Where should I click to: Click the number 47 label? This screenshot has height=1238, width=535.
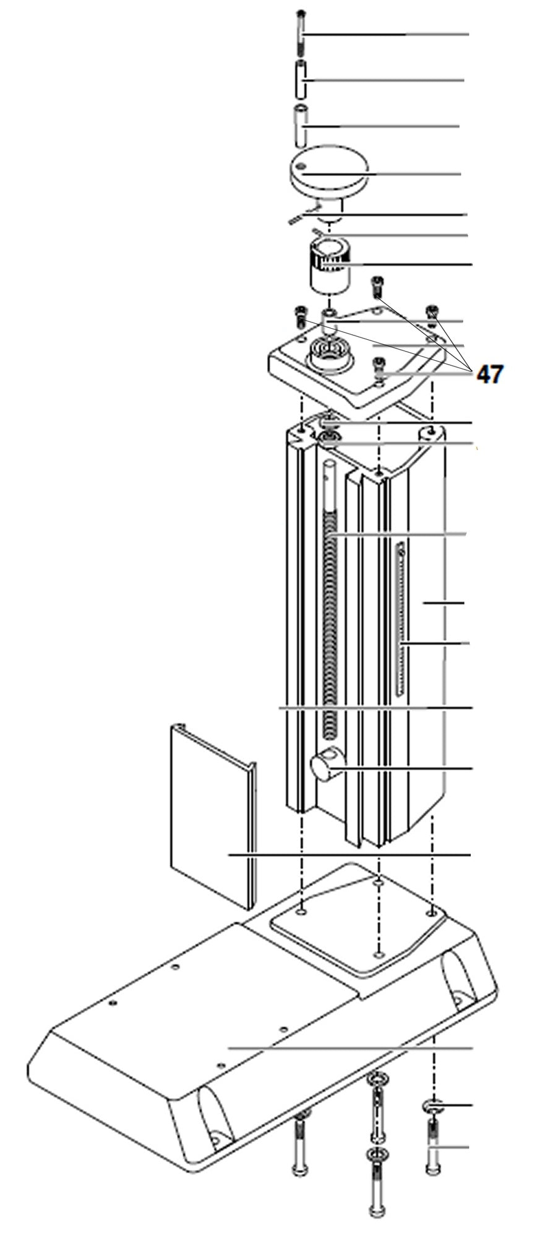click(x=489, y=374)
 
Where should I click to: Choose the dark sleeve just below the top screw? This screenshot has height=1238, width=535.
click(x=301, y=80)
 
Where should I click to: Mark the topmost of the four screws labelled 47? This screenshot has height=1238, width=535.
click(x=377, y=287)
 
